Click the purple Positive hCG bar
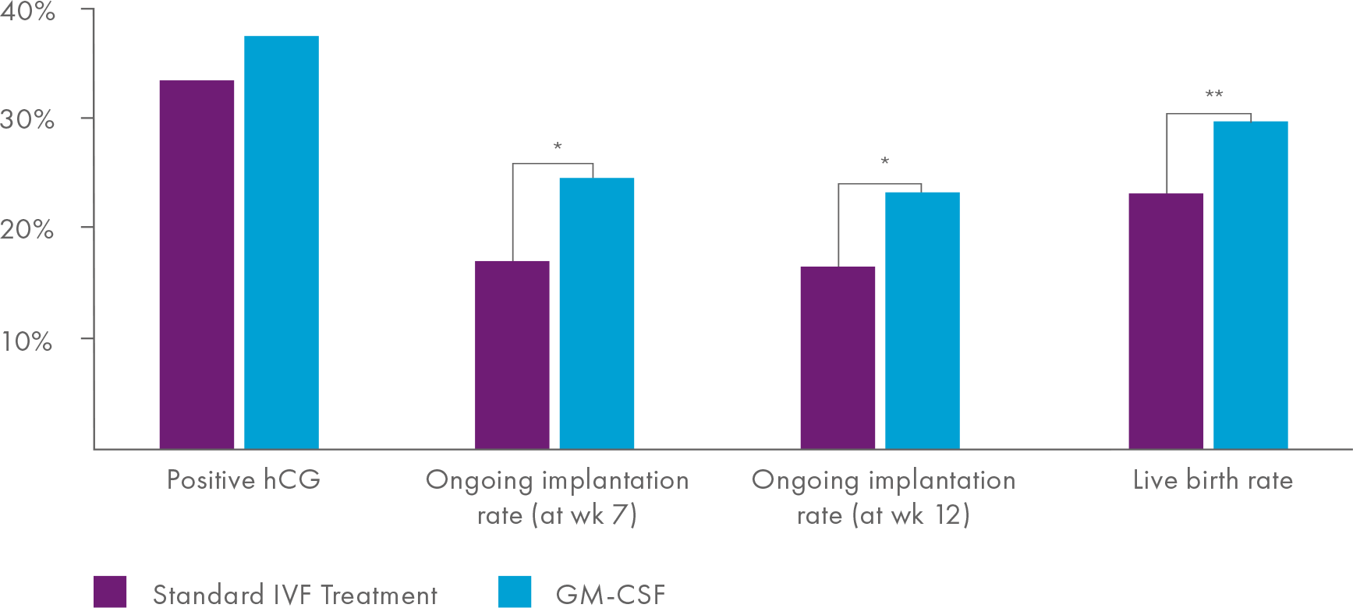[197, 265]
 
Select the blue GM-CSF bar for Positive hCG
[282, 242]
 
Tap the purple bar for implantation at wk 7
[512, 355]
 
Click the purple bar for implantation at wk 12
[838, 358]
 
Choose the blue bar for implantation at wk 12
[922, 320]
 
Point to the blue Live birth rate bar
[1250, 285]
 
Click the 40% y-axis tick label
[27, 12]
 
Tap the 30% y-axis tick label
[27, 119]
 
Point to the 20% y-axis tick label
[27, 230]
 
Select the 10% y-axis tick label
[27, 341]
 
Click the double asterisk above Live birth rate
[1214, 95]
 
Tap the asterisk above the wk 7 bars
[558, 147]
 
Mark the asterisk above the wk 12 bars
[884, 162]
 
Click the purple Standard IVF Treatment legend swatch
[110, 592]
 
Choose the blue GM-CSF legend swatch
[515, 592]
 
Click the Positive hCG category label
[243, 479]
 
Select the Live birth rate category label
[1213, 479]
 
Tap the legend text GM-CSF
[611, 595]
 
